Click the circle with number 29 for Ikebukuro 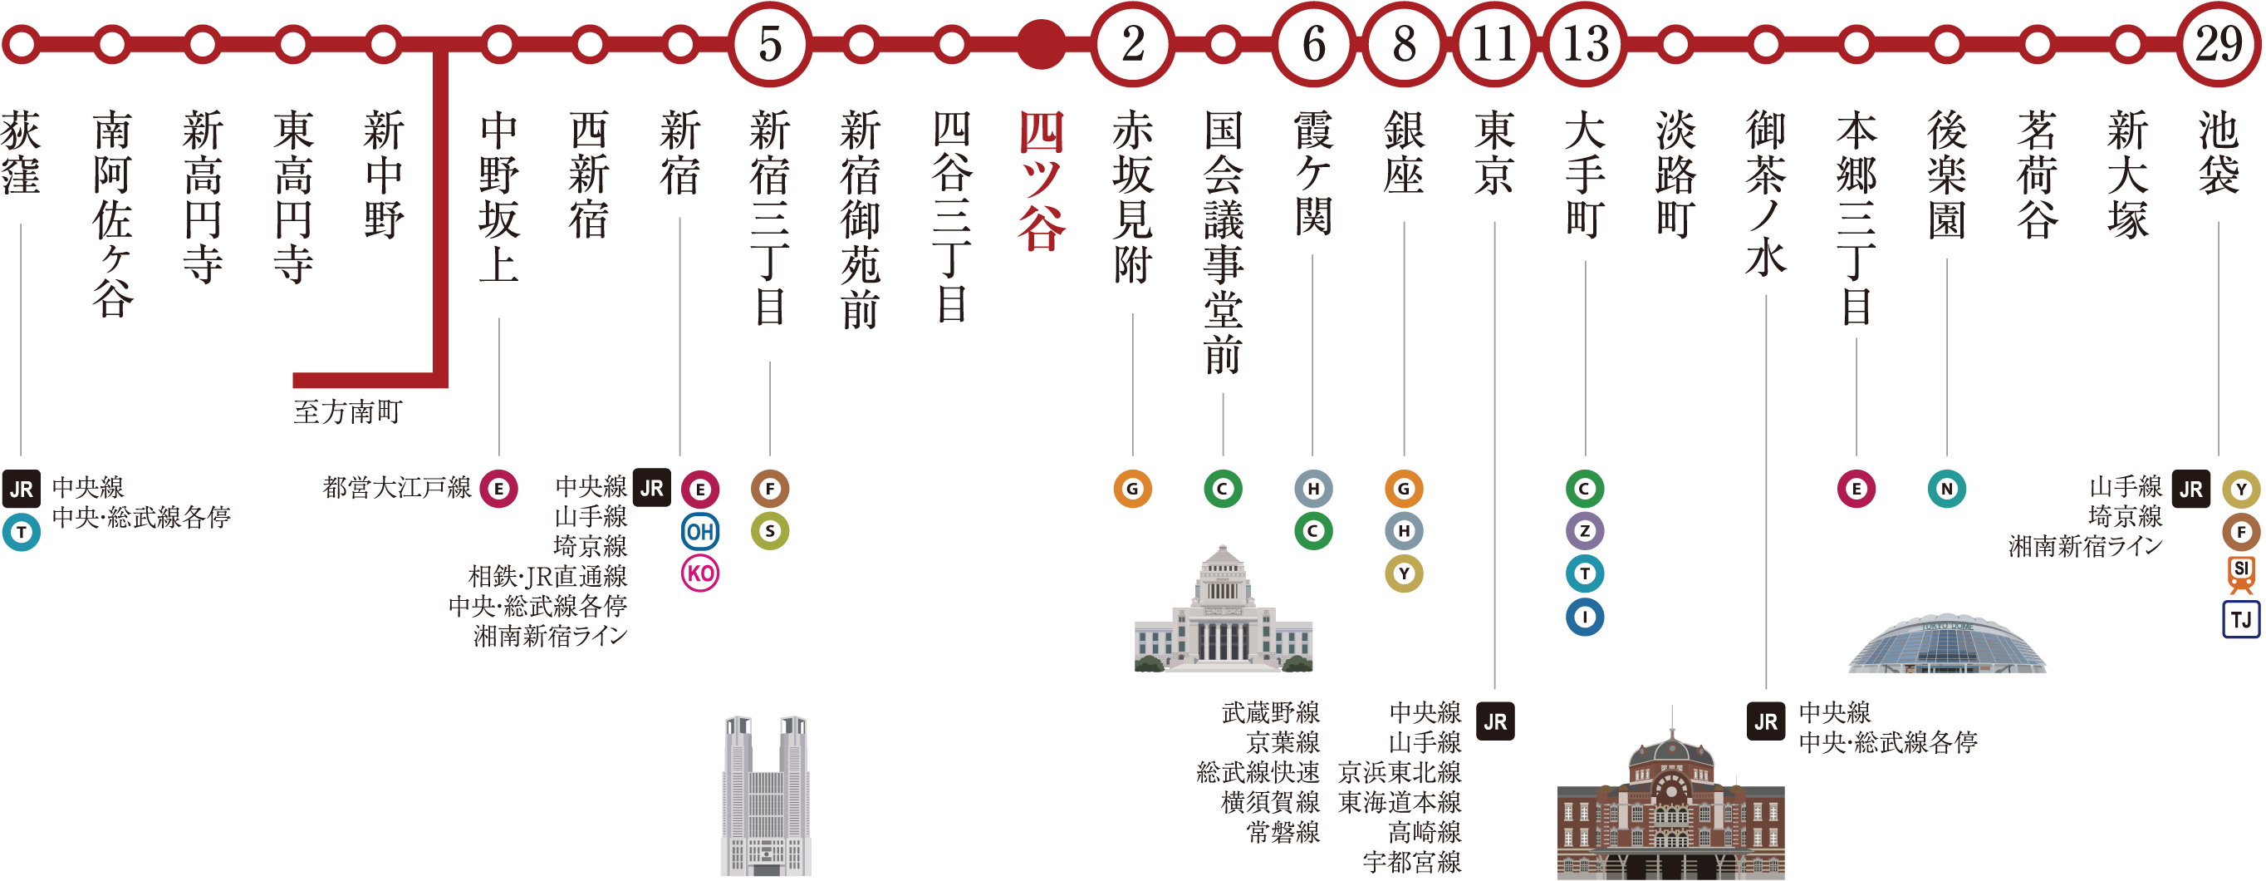(x=2218, y=44)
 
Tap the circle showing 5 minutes (x=770, y=44)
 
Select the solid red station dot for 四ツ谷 (x=1042, y=44)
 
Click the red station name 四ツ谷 (x=1042, y=180)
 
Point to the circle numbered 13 (x=1585, y=44)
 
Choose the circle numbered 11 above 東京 (x=1494, y=44)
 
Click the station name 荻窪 (x=20, y=151)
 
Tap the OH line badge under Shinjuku (x=700, y=532)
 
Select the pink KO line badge (x=700, y=573)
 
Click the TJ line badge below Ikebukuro (x=2240, y=619)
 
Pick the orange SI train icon (x=2240, y=573)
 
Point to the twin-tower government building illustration (x=765, y=795)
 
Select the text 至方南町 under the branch (x=346, y=412)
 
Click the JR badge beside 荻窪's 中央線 (x=21, y=490)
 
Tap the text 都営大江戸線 (x=396, y=488)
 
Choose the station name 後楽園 (x=1947, y=175)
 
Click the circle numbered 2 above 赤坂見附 (x=1133, y=44)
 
